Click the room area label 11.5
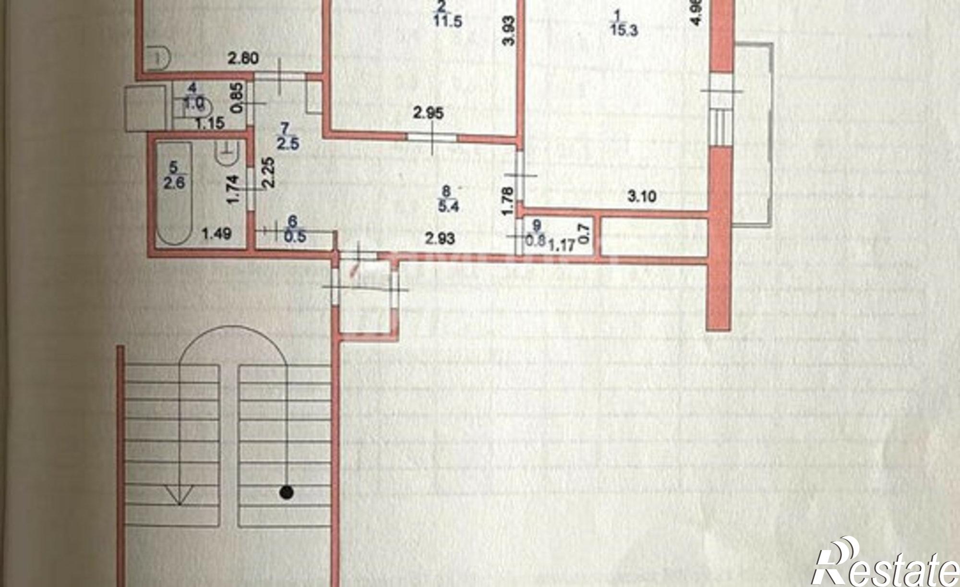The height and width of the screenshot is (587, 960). point(448,22)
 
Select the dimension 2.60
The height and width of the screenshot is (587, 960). point(243,59)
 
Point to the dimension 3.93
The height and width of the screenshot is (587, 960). point(510,31)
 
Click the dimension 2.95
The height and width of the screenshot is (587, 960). point(429,114)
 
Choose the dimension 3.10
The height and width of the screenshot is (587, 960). point(642,196)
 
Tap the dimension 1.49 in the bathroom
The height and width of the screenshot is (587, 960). point(216,234)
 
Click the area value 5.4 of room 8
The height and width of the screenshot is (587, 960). point(447,207)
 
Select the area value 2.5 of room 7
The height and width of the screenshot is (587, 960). point(286,143)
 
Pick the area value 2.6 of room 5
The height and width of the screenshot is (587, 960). point(174,182)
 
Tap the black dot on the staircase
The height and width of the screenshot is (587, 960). point(287,491)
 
